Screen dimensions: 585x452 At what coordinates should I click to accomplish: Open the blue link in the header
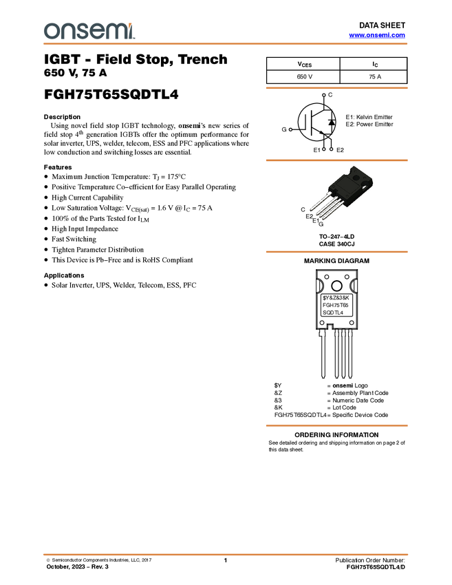[x=377, y=35]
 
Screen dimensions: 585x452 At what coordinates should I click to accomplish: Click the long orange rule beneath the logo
[x=226, y=44]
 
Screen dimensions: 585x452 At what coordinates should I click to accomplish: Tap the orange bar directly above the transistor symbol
[x=336, y=88]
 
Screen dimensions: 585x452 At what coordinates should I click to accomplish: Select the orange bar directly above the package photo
[x=336, y=160]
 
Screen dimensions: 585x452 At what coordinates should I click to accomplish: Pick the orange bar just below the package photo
[x=336, y=252]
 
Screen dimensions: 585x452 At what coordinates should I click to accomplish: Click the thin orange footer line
[x=226, y=553]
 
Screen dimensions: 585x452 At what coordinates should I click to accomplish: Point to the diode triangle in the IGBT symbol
[x=331, y=122]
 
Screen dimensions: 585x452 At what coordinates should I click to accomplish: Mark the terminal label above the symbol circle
[x=323, y=95]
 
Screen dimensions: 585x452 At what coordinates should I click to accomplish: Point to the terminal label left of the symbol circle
[x=291, y=129]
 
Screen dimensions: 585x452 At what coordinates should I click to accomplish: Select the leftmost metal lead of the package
[x=319, y=206]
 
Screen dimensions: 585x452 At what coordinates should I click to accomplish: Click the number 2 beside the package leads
[x=311, y=216]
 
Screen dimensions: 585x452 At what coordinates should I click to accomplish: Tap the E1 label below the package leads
[x=317, y=221]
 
